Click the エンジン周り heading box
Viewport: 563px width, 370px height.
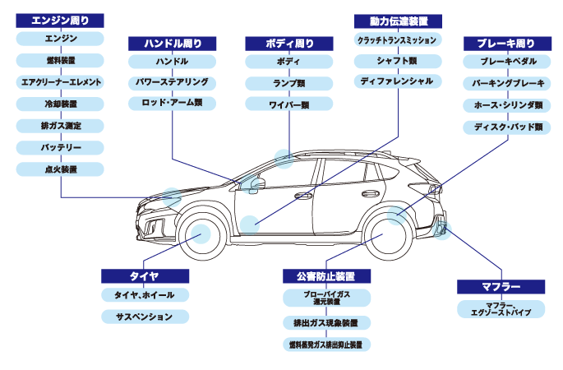pos(60,21)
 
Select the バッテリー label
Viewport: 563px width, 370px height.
pos(60,147)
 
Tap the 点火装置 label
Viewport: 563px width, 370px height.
pos(60,169)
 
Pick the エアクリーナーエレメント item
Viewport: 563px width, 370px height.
pos(60,82)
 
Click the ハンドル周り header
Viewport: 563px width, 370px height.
pos(172,43)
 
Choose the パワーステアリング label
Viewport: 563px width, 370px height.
pos(172,82)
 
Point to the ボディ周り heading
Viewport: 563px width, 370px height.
pos(289,43)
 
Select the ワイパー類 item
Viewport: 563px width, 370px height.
pos(289,104)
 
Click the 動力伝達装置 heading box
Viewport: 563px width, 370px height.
pos(398,21)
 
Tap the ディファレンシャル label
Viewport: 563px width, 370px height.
pos(398,82)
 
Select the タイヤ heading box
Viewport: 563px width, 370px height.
pos(145,275)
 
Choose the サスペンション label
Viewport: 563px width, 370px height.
pos(145,317)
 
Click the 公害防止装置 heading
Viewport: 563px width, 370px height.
pos(326,275)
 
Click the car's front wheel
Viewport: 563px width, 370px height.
pos(198,234)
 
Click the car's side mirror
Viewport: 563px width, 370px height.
pos(254,183)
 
